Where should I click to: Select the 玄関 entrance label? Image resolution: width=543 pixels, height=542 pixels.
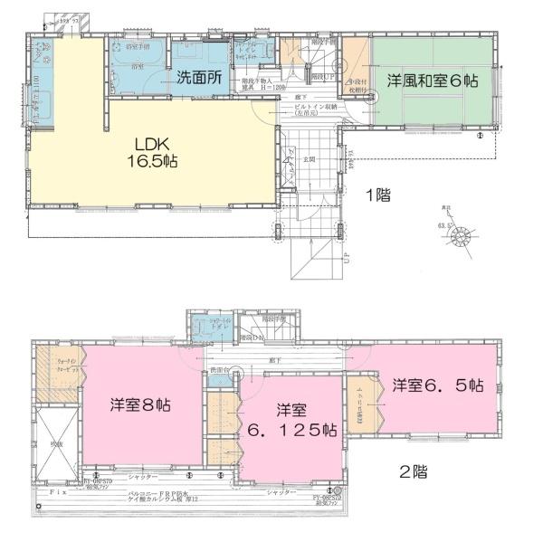(x=309, y=160)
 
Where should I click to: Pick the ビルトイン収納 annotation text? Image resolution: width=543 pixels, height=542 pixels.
(x=315, y=107)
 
